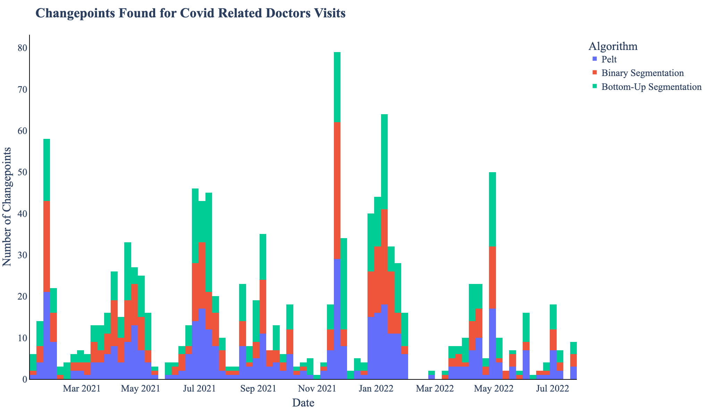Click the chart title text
coord(191,14)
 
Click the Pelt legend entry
coord(609,60)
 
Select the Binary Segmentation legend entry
coord(642,73)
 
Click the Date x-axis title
coord(303,403)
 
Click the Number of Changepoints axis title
coord(7,207)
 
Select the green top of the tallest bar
coord(337,87)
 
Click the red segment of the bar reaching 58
coord(47,246)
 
